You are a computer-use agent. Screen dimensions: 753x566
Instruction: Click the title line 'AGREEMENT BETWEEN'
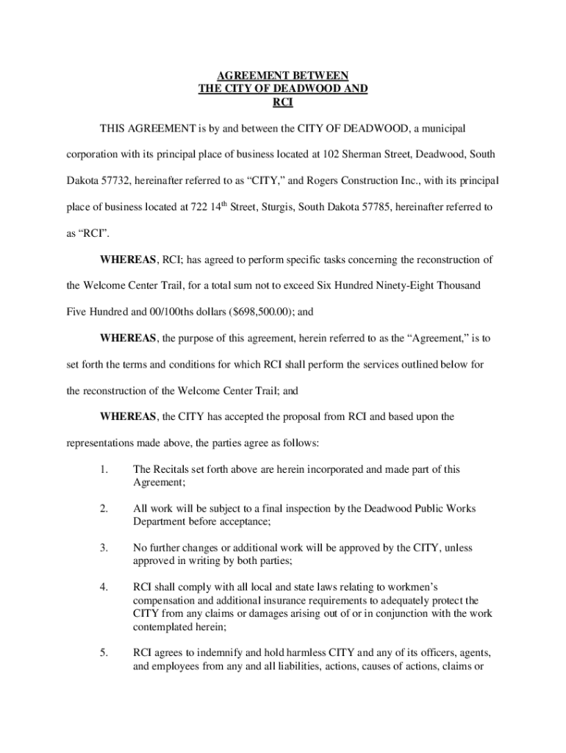pos(283,76)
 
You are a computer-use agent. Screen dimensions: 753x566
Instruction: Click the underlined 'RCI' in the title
pos(283,102)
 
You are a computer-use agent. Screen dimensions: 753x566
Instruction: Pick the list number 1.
pos(105,469)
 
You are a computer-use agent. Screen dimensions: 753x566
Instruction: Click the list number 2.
pos(105,508)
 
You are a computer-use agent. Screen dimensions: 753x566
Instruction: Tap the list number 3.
pos(105,548)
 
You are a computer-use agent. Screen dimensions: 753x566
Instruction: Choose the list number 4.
pos(105,587)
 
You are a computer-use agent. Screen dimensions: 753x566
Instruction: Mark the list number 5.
pos(105,652)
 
